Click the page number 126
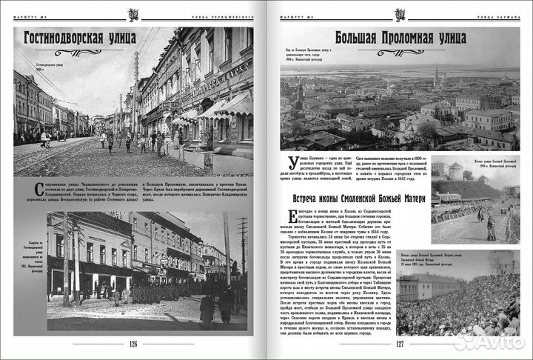click(133, 343)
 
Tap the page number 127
click(399, 343)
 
